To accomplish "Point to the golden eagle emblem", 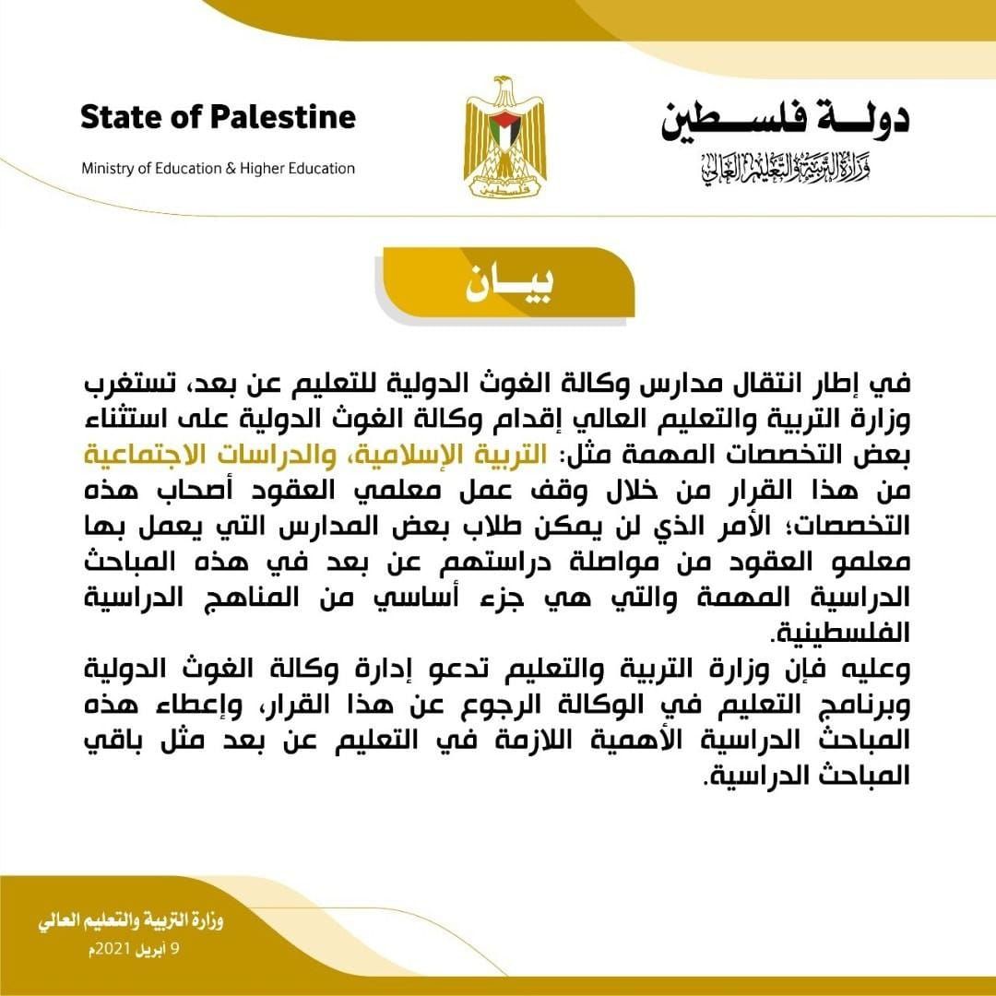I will [x=504, y=138].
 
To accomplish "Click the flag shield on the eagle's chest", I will [x=504, y=134].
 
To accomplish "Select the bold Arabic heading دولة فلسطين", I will [x=785, y=120].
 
